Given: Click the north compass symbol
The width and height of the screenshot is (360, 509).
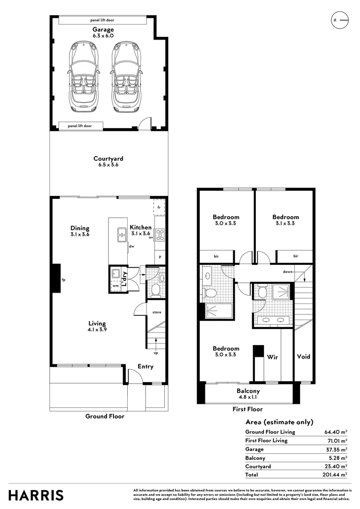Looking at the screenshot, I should coord(340,20).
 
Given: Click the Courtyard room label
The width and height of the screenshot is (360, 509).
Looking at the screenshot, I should coord(108,162).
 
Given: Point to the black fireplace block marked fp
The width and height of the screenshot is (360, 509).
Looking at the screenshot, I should coord(55,279).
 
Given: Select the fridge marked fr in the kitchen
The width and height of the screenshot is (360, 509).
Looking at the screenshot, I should coord(159,207).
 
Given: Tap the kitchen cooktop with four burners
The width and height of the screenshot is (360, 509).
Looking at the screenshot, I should coord(159,234).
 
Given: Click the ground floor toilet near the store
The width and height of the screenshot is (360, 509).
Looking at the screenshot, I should coord(155,289).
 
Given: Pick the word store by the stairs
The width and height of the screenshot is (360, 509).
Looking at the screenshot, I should coord(156,312).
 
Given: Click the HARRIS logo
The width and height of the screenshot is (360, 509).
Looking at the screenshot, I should coord(36,495).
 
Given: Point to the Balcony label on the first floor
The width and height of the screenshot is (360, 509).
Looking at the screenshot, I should coord(248,391).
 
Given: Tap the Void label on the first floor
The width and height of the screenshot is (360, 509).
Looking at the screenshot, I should coord(304,356).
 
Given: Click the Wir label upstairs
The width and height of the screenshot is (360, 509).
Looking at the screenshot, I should coord(272,357).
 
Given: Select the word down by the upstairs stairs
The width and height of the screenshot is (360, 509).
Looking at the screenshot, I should coord(288,271).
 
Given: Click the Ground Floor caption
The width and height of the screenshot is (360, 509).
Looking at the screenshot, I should coord(105,416).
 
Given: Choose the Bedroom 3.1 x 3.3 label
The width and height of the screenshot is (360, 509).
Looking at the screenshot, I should coord(285,220).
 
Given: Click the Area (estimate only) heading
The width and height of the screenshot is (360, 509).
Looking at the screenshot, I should coord(279,422).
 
